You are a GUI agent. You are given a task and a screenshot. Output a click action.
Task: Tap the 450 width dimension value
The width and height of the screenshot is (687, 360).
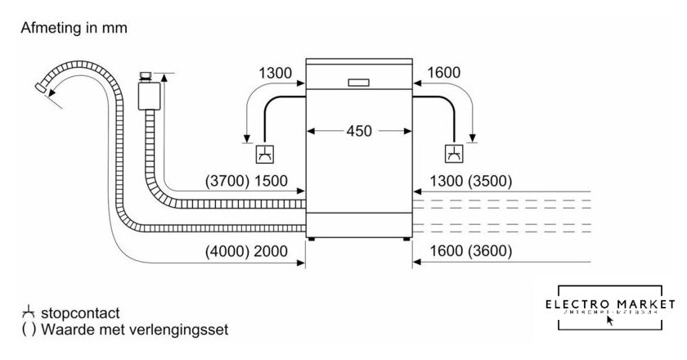coord(357,131)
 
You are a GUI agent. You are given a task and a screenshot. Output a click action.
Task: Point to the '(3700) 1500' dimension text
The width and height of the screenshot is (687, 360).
coord(249,182)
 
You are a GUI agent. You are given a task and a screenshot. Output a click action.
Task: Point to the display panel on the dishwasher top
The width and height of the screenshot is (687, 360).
coord(357,82)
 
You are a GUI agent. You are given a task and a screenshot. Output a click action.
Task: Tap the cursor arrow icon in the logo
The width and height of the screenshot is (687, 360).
coord(609,320)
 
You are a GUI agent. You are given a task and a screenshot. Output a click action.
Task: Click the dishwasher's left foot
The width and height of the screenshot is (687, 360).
coord(309,240)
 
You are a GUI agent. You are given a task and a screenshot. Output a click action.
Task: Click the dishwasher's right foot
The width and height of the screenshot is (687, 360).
coord(406,240)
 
